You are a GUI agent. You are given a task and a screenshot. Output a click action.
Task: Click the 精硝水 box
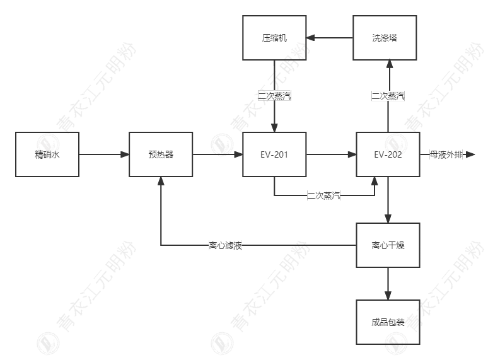click(x=47, y=154)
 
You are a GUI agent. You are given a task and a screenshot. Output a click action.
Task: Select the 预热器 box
click(x=161, y=154)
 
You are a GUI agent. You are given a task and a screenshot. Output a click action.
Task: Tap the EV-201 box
click(x=274, y=154)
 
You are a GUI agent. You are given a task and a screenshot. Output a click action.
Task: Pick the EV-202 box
click(x=388, y=154)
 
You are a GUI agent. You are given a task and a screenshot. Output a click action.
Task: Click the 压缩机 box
click(x=274, y=38)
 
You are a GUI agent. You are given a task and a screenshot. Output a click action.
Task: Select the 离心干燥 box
click(x=388, y=245)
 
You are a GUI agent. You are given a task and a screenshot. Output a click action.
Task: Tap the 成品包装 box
click(x=388, y=322)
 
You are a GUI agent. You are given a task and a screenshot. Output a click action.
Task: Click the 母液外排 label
click(x=446, y=154)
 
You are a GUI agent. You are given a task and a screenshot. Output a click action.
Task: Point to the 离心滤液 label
click(x=225, y=245)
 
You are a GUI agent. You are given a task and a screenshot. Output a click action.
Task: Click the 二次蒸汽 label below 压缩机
click(x=274, y=96)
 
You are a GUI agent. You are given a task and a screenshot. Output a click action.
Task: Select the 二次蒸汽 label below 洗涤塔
click(x=388, y=96)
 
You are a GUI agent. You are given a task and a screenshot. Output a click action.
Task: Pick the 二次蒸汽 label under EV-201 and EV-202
click(x=323, y=195)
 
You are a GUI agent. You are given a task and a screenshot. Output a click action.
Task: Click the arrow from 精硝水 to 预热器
click(x=104, y=154)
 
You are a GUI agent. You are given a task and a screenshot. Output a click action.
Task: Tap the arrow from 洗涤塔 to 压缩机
click(x=330, y=38)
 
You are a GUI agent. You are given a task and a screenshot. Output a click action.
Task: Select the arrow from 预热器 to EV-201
click(x=218, y=154)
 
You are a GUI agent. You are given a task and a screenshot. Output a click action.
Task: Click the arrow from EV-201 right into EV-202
click(x=331, y=154)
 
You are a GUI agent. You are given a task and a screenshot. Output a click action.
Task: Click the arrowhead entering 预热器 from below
click(x=161, y=182)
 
